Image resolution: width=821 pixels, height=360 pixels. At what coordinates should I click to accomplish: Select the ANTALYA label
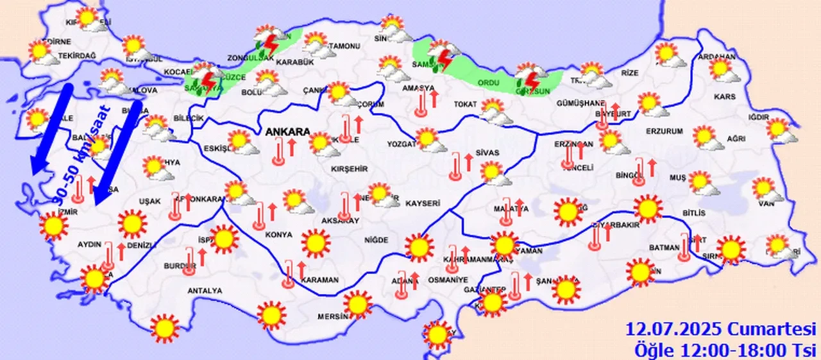[205, 291]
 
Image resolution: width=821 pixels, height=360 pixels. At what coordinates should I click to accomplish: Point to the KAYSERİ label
[422, 203]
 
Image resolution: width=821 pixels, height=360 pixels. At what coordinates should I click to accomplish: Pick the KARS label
[724, 97]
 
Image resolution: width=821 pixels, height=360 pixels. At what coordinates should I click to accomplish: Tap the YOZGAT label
[401, 144]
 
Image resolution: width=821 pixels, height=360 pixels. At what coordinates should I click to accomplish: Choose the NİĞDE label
[376, 240]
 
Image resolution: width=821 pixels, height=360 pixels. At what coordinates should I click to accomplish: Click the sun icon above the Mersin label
[357, 304]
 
